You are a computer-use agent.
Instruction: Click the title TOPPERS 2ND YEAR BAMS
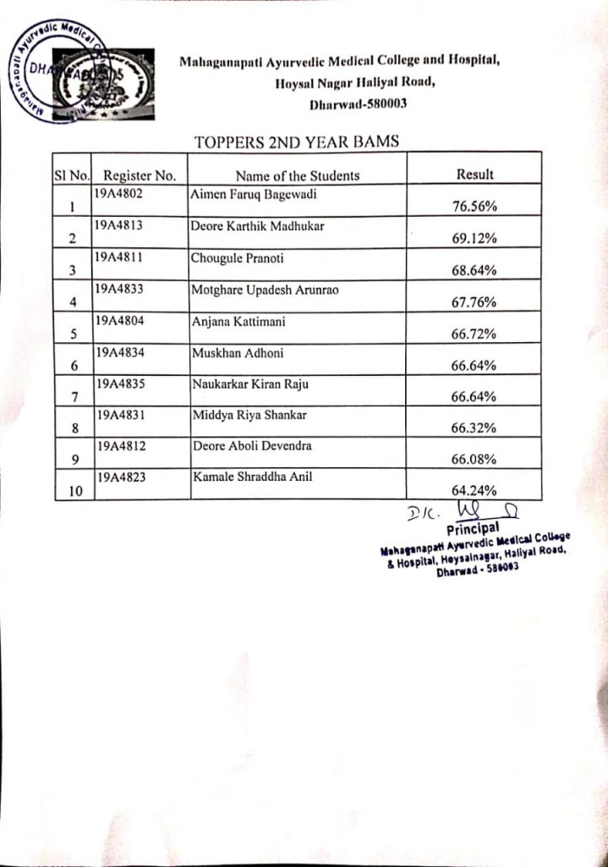point(296,142)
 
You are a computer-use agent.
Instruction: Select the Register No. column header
point(140,176)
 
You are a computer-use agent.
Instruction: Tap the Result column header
point(474,174)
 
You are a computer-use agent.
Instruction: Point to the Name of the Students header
point(297,176)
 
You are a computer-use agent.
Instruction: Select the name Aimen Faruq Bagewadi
point(248,194)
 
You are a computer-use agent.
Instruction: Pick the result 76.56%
point(474,207)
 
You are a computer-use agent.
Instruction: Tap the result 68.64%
point(474,271)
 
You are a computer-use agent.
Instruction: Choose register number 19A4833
point(120,289)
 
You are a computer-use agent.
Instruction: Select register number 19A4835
point(120,384)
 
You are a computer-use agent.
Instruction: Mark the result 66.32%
point(474,429)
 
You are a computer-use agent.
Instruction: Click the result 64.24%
point(474,490)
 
